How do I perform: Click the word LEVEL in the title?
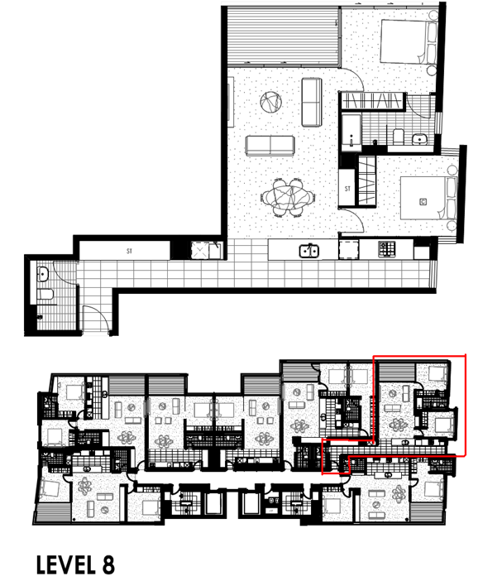click(66, 564)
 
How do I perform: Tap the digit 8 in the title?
click(108, 564)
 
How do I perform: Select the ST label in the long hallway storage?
click(129, 251)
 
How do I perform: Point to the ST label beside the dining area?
click(347, 189)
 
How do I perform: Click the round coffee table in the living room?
click(270, 102)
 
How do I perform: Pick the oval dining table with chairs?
click(288, 197)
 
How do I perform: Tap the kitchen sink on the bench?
click(309, 251)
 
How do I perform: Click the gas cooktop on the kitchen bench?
click(387, 249)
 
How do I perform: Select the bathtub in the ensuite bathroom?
click(351, 132)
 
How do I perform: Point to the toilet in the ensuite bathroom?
click(399, 137)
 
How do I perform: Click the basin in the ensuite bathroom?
click(420, 139)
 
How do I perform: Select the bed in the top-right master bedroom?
click(409, 41)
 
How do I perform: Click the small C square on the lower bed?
click(423, 202)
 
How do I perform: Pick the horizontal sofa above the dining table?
click(270, 146)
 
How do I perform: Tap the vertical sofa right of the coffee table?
click(312, 102)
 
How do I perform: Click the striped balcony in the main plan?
click(284, 36)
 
